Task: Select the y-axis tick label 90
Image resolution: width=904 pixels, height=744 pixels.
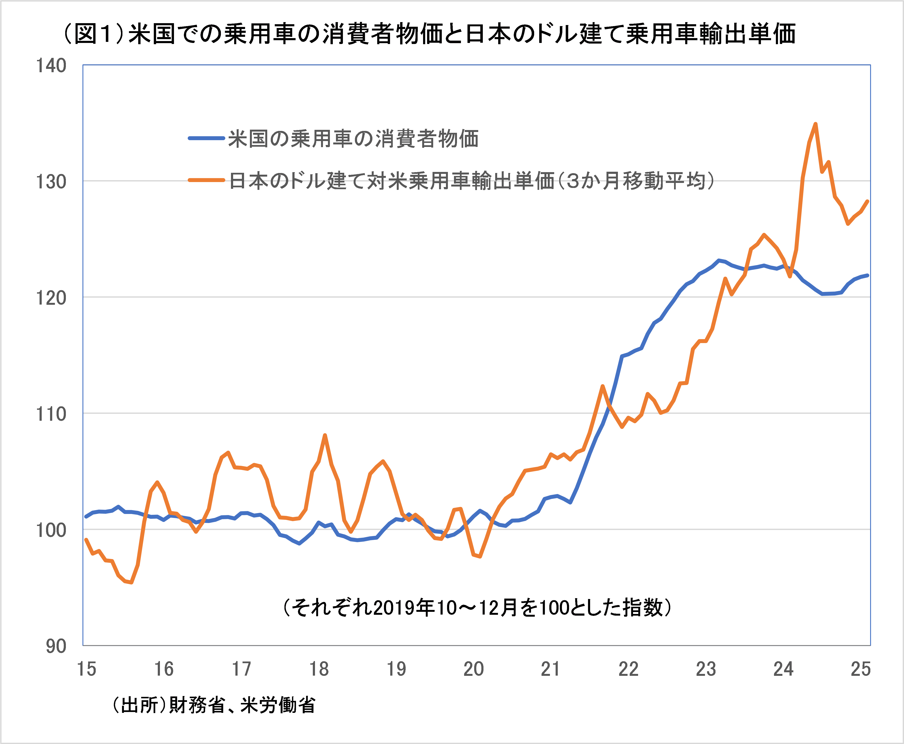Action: [x=56, y=646]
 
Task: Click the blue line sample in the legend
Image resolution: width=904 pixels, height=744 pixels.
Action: [x=207, y=138]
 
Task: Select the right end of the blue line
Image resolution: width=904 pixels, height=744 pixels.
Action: [x=868, y=275]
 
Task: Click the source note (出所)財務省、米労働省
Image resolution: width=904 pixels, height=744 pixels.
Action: [x=213, y=705]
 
